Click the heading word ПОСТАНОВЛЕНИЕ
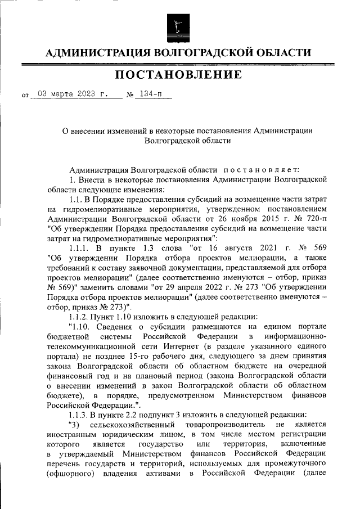(179, 75)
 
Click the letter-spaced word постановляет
(262, 169)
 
